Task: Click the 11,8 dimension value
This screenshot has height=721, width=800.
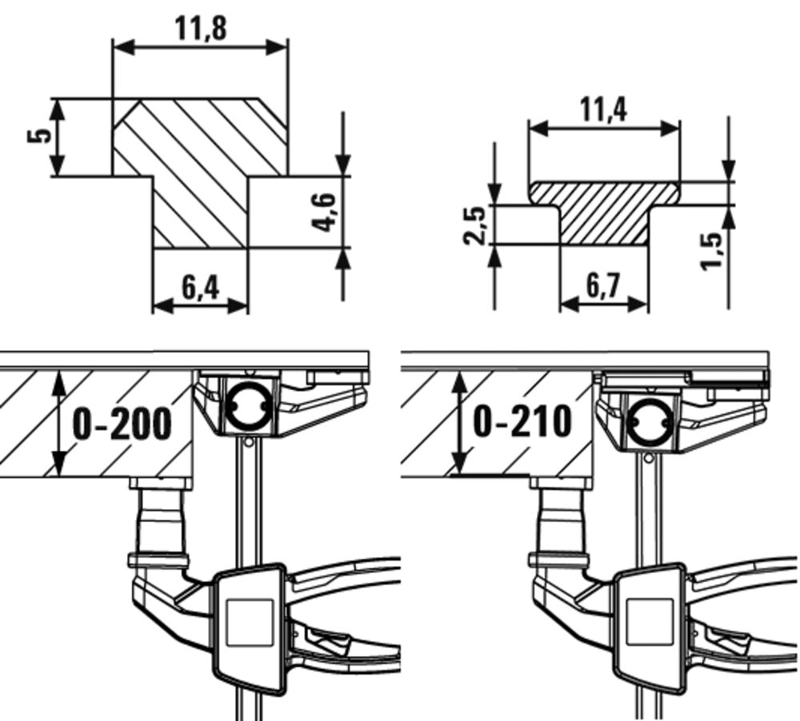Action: click(200, 28)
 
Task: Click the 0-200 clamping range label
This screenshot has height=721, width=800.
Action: click(122, 424)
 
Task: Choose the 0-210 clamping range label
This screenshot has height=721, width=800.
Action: click(522, 421)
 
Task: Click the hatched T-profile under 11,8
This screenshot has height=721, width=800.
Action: click(200, 172)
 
